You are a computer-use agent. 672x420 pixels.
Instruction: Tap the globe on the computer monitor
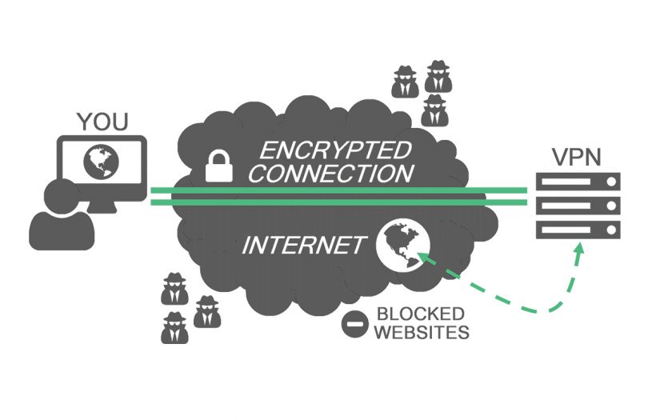tap(102, 160)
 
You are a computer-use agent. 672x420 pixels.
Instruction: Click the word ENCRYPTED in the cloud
tap(335, 150)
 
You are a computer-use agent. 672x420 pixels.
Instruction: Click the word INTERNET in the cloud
tap(303, 245)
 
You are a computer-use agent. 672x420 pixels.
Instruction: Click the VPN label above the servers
tap(574, 157)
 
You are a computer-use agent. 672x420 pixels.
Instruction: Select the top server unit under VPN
tap(578, 183)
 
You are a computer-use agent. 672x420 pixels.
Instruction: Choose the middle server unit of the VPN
tap(578, 206)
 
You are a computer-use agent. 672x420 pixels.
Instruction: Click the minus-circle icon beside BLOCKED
tap(354, 322)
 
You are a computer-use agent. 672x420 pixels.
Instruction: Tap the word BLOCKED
tap(421, 313)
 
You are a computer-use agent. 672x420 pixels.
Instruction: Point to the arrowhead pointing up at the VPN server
tap(578, 252)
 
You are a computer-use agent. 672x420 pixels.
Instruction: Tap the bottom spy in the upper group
tap(434, 110)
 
